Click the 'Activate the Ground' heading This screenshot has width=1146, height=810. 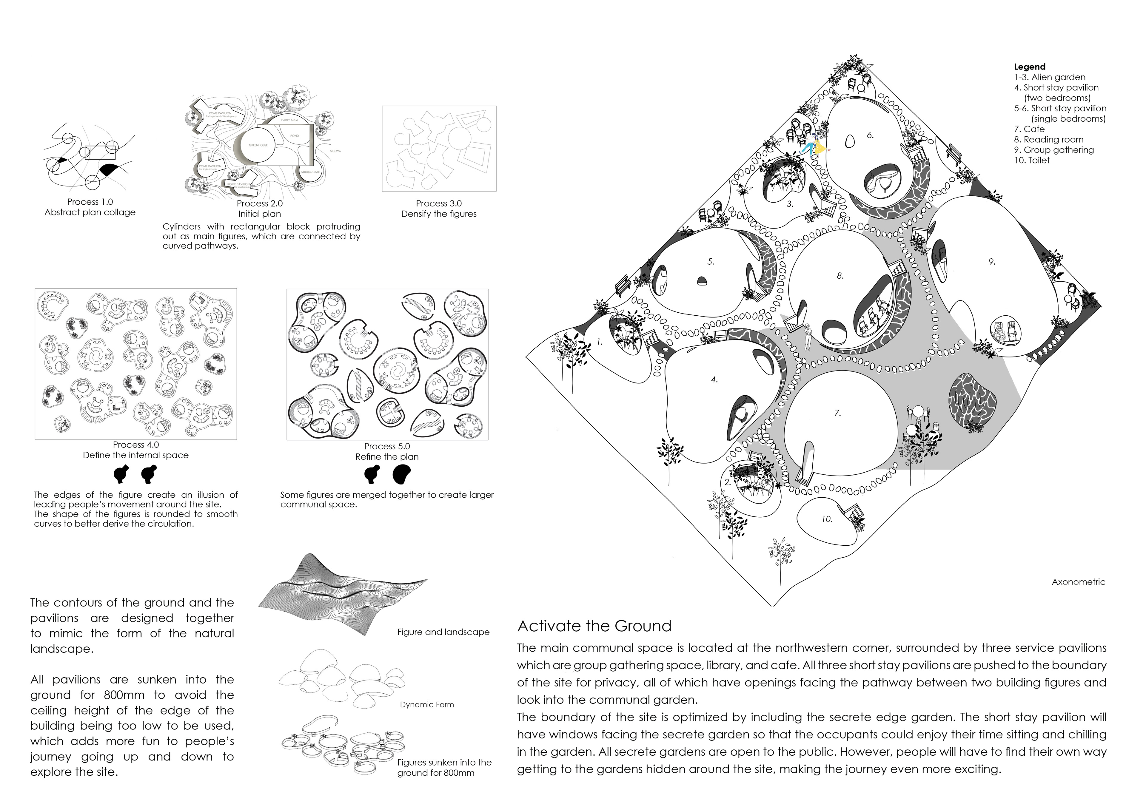594,626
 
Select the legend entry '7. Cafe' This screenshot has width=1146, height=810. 1029,129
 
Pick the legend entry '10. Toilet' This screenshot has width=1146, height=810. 1032,160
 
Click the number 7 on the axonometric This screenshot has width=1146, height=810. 837,413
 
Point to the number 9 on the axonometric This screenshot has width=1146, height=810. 992,262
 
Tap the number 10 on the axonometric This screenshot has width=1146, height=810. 827,519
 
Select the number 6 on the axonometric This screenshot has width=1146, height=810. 870,135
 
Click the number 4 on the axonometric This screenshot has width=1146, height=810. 714,380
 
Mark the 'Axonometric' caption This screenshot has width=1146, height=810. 1078,582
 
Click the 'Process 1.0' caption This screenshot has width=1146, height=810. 90,202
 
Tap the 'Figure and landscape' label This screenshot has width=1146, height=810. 443,632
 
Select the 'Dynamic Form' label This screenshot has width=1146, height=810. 427,705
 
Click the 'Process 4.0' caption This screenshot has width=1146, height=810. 136,445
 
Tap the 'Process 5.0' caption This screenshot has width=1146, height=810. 387,446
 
